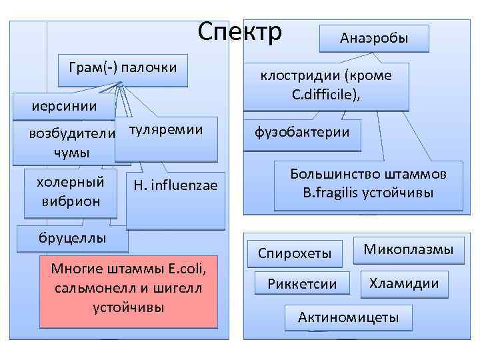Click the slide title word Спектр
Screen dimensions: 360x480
241,31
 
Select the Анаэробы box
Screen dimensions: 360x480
374,39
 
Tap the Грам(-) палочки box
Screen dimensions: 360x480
123,69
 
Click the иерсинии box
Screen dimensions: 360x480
64,106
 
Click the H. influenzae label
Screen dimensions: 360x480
175,185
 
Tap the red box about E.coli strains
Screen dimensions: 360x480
129,291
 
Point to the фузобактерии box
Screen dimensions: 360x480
302,133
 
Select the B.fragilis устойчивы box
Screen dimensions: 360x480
368,185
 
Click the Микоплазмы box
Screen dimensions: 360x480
408,249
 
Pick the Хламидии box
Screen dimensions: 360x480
404,283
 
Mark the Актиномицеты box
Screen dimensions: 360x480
349,317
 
